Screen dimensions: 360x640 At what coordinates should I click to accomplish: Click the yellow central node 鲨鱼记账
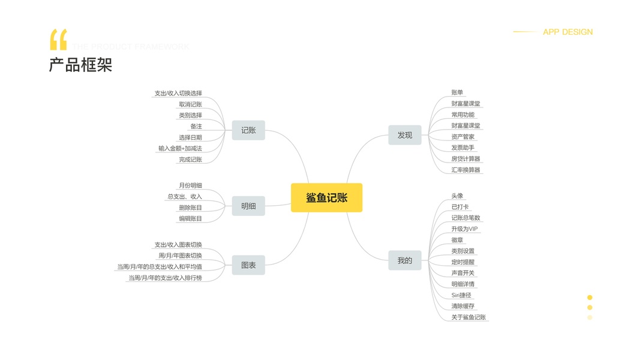click(326, 197)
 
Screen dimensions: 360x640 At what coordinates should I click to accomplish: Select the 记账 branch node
click(248, 130)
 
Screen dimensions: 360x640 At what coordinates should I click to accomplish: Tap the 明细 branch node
click(248, 206)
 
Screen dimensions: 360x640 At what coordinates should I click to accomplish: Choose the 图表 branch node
click(248, 265)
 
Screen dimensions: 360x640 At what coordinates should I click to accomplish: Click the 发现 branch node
click(405, 135)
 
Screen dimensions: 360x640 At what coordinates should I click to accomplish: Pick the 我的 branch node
click(405, 260)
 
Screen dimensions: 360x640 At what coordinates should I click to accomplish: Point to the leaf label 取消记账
click(190, 104)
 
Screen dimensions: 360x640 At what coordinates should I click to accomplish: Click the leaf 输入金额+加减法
click(180, 148)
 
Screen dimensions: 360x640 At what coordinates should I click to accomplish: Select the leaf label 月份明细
click(190, 185)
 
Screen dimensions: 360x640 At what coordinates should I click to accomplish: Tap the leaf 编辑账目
click(190, 218)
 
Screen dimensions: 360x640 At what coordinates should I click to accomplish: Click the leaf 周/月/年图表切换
click(180, 256)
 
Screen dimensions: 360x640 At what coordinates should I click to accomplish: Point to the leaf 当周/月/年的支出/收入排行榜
click(165, 278)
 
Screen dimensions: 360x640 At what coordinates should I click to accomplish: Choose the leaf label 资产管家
click(463, 137)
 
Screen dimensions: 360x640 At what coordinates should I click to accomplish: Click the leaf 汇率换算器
click(466, 170)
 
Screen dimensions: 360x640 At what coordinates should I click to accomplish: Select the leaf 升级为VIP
click(465, 229)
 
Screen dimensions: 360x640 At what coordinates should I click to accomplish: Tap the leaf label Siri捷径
click(462, 295)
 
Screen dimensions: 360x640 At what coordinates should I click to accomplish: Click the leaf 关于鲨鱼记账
click(469, 317)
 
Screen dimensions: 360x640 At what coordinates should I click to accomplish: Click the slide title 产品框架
click(80, 65)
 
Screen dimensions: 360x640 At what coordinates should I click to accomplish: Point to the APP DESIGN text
click(567, 32)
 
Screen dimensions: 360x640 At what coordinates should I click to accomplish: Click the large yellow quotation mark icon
click(58, 40)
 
